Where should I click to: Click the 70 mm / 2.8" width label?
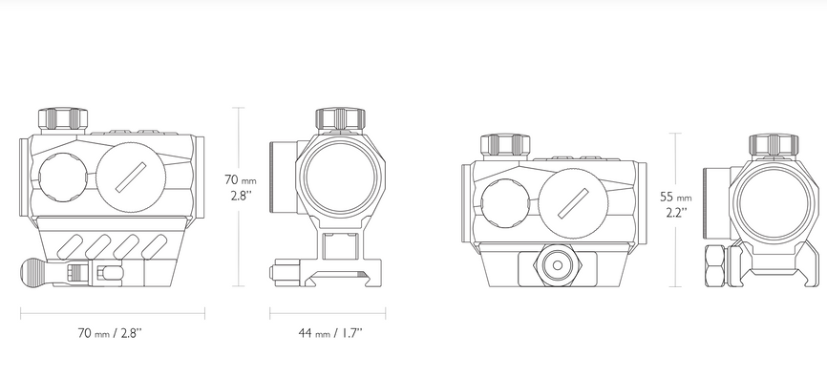(110, 333)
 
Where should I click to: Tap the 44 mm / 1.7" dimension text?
(330, 333)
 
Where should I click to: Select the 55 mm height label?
(675, 198)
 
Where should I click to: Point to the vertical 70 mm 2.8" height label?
(241, 187)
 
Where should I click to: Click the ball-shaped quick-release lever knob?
(32, 272)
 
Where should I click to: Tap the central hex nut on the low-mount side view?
(552, 265)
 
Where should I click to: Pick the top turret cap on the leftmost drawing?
(63, 118)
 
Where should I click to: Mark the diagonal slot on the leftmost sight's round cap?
(130, 178)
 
